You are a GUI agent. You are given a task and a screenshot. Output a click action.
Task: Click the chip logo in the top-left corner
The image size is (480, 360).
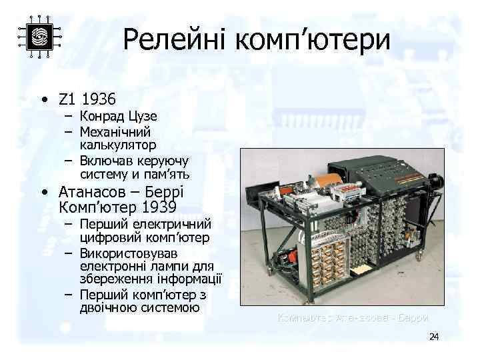39,37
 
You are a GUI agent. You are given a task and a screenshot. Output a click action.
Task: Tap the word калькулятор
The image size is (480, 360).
119,145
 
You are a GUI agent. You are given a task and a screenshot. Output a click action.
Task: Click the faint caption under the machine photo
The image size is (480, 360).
353,318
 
